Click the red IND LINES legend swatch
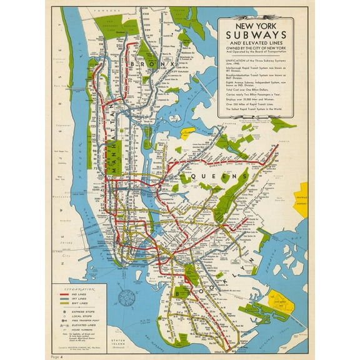pyautogui.click(x=67, y=297)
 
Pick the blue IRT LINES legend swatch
pyautogui.click(x=67, y=302)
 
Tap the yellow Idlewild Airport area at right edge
pyautogui.click(x=303, y=200)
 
